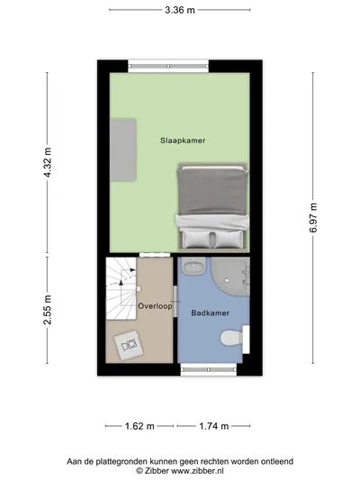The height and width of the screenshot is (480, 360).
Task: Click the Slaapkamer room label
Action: pyautogui.click(x=183, y=140)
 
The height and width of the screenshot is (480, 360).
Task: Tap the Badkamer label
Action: pyautogui.click(x=210, y=312)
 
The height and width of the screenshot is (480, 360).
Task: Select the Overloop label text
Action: pyautogui.click(x=155, y=306)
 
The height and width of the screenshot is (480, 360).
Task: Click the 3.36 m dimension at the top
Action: pyautogui.click(x=180, y=10)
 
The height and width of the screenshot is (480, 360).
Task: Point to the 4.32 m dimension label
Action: pyautogui.click(x=48, y=162)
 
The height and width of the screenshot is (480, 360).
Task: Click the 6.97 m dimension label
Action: pyautogui.click(x=313, y=218)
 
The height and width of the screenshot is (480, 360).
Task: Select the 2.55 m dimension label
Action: pyautogui.click(x=48, y=310)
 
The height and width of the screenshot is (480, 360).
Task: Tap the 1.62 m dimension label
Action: pyautogui.click(x=139, y=426)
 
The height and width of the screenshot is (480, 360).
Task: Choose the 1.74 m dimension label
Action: pyautogui.click(x=214, y=426)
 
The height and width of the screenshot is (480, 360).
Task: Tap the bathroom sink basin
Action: pyautogui.click(x=193, y=266)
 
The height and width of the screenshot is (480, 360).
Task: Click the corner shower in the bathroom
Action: pyautogui.click(x=231, y=276)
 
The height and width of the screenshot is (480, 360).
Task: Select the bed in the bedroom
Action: pyautogui.click(x=213, y=207)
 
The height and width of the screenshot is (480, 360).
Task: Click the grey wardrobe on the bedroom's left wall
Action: pyautogui.click(x=123, y=149)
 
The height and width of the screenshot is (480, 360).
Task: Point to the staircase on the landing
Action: pyautogui.click(x=121, y=288)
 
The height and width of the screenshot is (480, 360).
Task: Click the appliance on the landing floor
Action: pyautogui.click(x=129, y=345)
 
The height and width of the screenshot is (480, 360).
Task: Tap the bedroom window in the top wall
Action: pyautogui.click(x=168, y=66)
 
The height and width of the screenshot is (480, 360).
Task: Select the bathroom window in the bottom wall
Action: pyautogui.click(x=209, y=369)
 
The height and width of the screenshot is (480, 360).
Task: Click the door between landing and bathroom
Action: pyautogui.click(x=175, y=302)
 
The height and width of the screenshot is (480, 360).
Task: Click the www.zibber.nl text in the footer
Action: pyautogui.click(x=197, y=470)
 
